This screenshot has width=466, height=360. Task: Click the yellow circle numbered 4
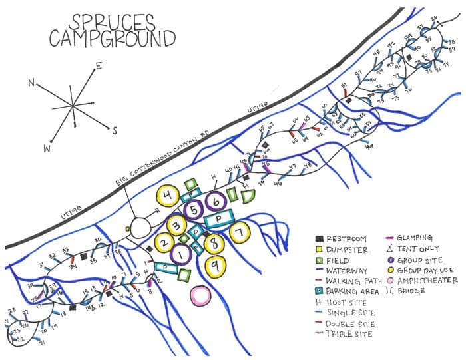point(168,196)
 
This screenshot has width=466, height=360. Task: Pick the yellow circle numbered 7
point(240,232)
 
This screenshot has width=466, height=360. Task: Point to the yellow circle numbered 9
point(214,266)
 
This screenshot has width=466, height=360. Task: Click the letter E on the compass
point(99,65)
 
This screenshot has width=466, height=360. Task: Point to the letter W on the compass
point(47,149)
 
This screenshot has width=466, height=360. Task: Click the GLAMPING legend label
point(415,238)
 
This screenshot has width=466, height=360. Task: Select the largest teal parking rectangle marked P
point(218,218)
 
